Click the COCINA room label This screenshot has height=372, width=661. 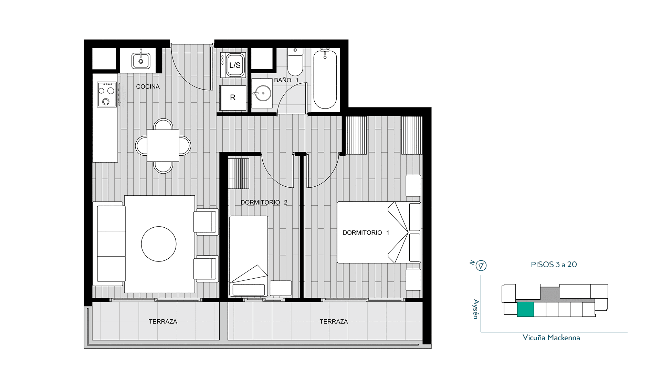click(148, 86)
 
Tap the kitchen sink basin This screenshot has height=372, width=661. click(141, 61)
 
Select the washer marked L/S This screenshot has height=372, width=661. click(233, 65)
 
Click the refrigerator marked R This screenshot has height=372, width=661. click(233, 98)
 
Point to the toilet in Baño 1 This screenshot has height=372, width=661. click(295, 62)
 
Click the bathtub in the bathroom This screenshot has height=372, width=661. click(325, 79)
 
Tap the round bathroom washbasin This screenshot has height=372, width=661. click(262, 93)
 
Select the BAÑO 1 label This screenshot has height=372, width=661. click(286, 80)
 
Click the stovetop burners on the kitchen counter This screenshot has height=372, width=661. click(107, 94)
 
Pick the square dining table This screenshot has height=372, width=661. click(163, 145)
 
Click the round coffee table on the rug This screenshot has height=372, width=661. click(159, 244)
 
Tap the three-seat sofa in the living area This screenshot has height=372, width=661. click(109, 244)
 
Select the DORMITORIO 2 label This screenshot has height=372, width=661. click(264, 202)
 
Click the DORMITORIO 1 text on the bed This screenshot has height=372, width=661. click(366, 232)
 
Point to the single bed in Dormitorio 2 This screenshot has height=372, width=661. click(249, 256)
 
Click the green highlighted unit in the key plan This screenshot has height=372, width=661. click(525, 309)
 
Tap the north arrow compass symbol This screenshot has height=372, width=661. click(481, 266)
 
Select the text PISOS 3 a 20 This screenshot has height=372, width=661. click(554, 265)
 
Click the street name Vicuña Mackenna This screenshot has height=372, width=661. click(551, 338)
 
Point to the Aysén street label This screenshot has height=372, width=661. click(476, 309)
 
